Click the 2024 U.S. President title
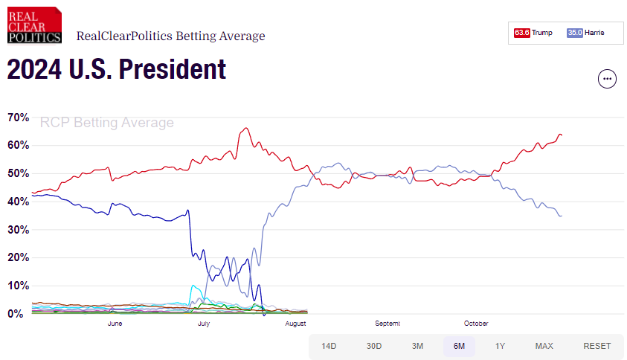116,70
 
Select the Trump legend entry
542,33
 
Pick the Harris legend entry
594,33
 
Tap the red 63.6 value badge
521,33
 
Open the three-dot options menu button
608,79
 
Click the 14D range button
329,346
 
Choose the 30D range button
374,346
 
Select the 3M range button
417,346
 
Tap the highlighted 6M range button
459,346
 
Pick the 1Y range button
501,346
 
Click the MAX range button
544,346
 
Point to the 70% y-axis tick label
18,118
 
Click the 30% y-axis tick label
18,230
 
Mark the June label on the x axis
115,324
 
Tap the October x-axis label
476,324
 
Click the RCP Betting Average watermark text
106,123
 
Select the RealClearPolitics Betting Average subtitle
170,36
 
